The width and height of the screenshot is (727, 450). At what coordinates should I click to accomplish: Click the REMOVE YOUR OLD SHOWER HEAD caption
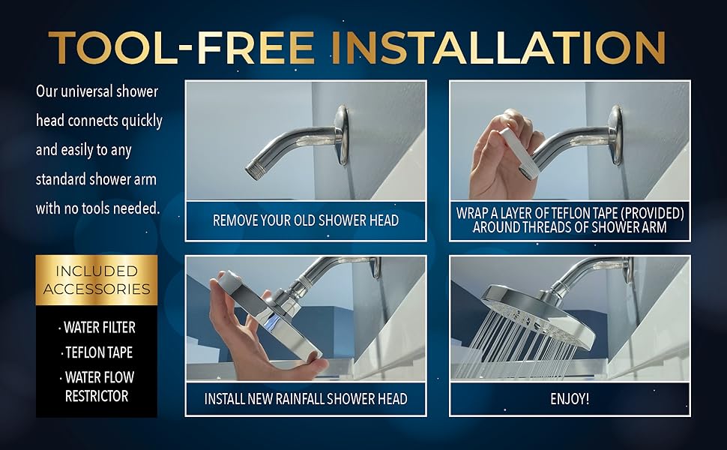click(x=306, y=220)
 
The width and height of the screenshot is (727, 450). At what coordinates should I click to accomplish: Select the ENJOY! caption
click(x=570, y=398)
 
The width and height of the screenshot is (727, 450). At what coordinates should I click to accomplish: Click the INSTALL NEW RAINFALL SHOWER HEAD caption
click(x=306, y=398)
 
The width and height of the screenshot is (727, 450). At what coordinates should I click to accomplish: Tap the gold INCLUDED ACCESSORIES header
click(x=96, y=280)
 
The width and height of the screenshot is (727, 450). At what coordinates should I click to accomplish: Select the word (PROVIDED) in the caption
click(x=651, y=213)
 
